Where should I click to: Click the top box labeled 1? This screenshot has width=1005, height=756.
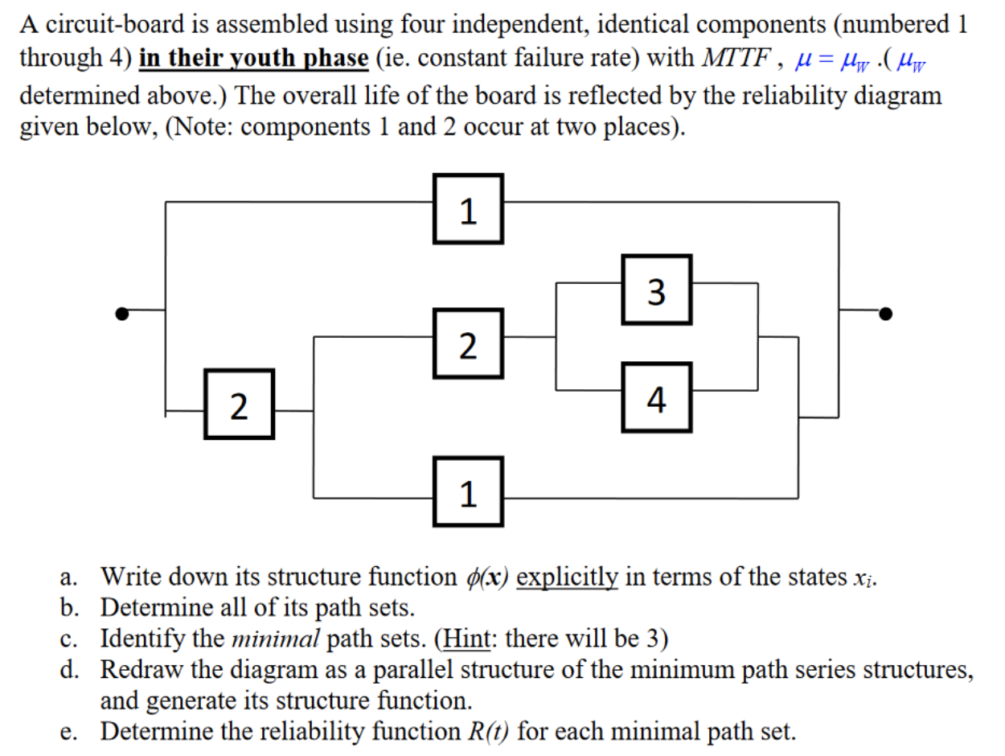tap(468, 209)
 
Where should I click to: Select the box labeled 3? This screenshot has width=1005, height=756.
tap(656, 290)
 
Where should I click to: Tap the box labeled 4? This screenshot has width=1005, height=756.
tap(656, 397)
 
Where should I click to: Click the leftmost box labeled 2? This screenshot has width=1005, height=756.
tap(239, 404)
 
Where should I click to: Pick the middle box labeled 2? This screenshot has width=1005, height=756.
tap(468, 343)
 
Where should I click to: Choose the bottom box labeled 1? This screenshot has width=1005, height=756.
tap(468, 491)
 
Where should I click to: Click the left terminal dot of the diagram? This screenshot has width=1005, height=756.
tap(121, 314)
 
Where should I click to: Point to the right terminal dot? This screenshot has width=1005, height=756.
tap(885, 314)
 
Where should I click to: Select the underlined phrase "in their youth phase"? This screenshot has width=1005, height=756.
tap(254, 60)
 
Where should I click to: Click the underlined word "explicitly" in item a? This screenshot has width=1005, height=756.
tap(567, 577)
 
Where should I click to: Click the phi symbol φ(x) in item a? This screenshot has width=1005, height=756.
tap(486, 577)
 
